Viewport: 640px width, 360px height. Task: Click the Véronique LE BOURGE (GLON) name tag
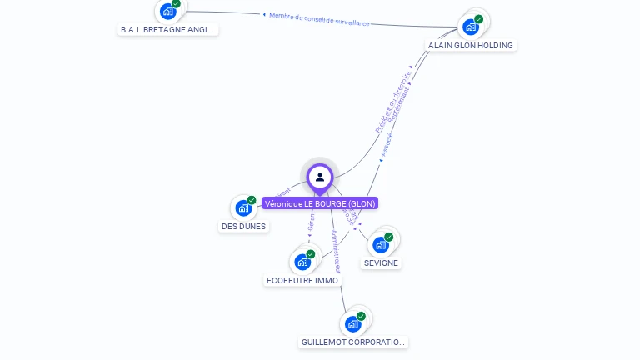pyautogui.click(x=320, y=203)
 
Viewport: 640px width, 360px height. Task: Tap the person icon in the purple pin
pyautogui.click(x=320, y=177)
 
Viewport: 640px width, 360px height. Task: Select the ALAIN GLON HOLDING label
pyautogui.click(x=471, y=45)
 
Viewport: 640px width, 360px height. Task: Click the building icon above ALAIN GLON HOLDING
pyautogui.click(x=471, y=27)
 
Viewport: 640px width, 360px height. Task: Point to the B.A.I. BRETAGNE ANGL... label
pyautogui.click(x=168, y=29)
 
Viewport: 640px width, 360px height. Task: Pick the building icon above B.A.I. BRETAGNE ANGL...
pyautogui.click(x=168, y=11)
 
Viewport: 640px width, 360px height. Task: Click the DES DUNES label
pyautogui.click(x=244, y=226)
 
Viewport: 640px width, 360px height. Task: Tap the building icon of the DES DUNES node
pyautogui.click(x=243, y=207)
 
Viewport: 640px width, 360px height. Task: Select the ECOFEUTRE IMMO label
pyautogui.click(x=302, y=280)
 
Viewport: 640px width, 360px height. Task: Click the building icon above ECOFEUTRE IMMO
pyautogui.click(x=302, y=262)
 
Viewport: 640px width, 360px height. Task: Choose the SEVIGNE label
pyautogui.click(x=381, y=262)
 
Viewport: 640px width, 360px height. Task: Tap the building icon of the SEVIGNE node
pyautogui.click(x=381, y=244)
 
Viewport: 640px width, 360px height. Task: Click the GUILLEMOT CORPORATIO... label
pyautogui.click(x=354, y=342)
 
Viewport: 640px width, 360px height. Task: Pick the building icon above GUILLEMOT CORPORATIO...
pyautogui.click(x=353, y=323)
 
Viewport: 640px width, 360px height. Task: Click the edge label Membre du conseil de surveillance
pyautogui.click(x=319, y=18)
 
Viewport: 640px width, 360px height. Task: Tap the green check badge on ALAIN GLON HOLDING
pyautogui.click(x=479, y=18)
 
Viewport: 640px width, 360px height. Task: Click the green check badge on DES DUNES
pyautogui.click(x=252, y=200)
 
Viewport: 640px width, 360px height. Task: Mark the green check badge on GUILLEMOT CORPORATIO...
pyautogui.click(x=362, y=316)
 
